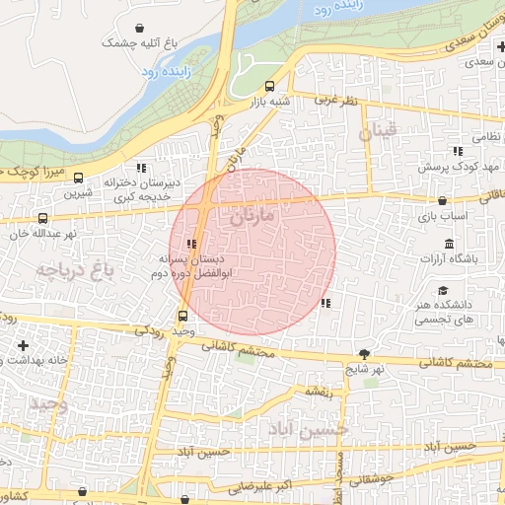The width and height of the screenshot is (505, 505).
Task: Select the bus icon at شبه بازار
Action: pyautogui.click(x=270, y=85)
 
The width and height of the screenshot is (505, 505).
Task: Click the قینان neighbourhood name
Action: pyautogui.click(x=377, y=131)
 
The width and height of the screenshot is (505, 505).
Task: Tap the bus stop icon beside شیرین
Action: pyautogui.click(x=79, y=181)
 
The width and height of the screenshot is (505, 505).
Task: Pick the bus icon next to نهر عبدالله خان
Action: pyautogui.click(x=41, y=218)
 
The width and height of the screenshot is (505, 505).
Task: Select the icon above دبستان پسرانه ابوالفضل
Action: pyautogui.click(x=191, y=244)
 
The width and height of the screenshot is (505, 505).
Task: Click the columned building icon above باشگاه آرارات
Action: pyautogui.click(x=450, y=245)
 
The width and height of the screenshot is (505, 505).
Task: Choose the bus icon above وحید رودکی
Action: pyautogui.click(x=182, y=316)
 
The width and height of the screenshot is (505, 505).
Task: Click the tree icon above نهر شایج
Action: pyautogui.click(x=364, y=353)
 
